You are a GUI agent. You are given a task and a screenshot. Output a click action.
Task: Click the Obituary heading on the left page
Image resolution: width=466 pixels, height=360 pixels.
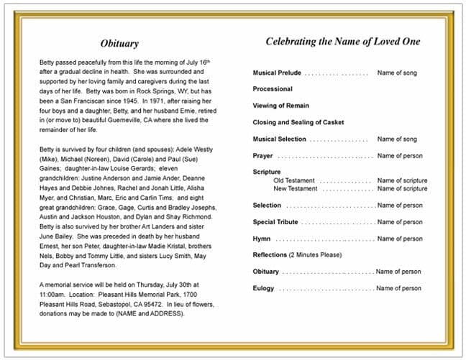pos(119,44)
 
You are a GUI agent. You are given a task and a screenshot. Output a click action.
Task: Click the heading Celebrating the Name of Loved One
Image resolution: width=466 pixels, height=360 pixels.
pos(343,41)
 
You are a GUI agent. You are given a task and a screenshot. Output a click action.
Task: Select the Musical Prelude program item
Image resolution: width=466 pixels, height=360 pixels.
pos(277,73)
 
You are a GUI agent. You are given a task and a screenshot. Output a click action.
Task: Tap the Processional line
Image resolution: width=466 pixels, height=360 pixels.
pos(273,89)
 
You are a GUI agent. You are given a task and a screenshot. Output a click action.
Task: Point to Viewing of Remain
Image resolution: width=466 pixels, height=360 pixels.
pos(281,106)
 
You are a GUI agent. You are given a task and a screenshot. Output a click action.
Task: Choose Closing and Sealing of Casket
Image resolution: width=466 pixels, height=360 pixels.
pos(299,122)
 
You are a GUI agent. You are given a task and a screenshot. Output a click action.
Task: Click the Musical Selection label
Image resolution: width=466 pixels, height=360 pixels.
pos(279,139)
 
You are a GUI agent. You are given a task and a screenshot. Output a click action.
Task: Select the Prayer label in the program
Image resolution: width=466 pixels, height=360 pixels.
pos(262,156)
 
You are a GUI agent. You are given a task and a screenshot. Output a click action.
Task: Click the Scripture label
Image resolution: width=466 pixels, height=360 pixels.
pos(267,172)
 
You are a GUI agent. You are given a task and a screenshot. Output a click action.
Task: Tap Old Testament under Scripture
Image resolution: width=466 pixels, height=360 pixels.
pos(294,180)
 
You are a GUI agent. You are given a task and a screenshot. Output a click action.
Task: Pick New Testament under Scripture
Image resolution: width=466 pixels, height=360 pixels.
pos(296,188)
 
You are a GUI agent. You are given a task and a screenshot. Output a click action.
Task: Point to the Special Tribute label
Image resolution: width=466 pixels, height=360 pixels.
pos(275,222)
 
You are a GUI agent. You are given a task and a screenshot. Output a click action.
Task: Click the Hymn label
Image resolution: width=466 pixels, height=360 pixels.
pos(262,239)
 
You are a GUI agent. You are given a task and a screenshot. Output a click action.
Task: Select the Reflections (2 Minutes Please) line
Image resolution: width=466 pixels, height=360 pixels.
pos(297,255)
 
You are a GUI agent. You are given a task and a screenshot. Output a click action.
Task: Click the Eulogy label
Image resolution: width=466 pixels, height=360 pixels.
pos(263,288)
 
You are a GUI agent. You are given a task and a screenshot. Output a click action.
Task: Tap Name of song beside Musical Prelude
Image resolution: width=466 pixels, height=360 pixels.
pos(397,73)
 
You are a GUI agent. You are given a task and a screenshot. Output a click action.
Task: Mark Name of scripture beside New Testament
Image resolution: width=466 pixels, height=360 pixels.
pos(402,188)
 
